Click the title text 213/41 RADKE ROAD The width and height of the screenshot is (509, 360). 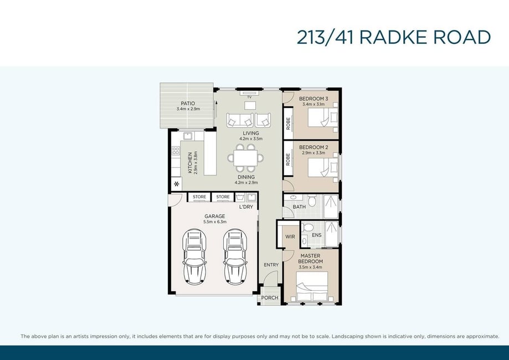pos(393,37)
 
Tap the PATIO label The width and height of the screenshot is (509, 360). pos(188,103)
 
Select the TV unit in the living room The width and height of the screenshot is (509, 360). pos(250,94)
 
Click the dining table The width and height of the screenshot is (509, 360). pos(245,158)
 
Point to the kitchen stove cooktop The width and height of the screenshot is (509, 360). pos(176,151)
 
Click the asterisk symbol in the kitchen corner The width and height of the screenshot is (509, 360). pos(176,184)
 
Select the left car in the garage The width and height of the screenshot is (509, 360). pos(194,257)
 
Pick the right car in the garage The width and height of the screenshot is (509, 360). pos(235,257)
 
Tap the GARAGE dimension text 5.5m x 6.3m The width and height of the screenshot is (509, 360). pos(215,222)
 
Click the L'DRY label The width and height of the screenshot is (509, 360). pos(246,207)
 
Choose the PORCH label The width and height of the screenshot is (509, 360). pos(270,297)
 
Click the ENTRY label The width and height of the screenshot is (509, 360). pos(271,265)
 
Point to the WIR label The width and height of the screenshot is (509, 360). pos(290,236)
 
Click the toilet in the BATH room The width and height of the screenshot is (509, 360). pos(312,201)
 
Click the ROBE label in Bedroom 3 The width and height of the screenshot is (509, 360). pos(288,124)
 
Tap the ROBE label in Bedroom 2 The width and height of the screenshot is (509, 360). pos(288,160)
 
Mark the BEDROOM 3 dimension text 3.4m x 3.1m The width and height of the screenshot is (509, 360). pos(313,104)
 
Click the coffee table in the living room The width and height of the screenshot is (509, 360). pos(250,105)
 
